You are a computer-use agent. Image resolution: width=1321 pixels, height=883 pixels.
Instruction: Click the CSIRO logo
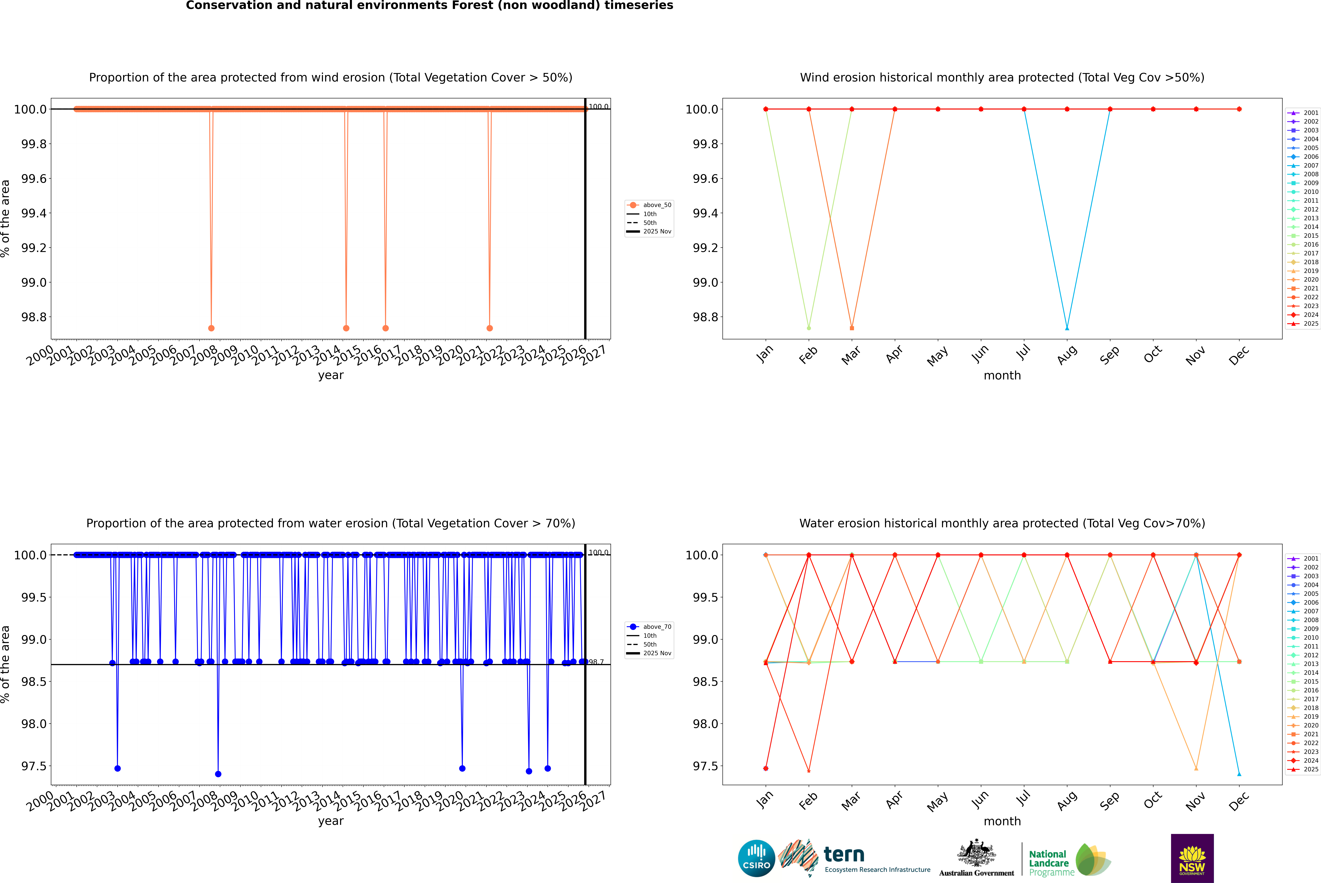(756, 858)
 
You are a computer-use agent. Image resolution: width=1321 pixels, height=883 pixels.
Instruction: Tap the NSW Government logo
(1192, 858)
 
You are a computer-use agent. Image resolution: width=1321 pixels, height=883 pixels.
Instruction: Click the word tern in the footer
(843, 855)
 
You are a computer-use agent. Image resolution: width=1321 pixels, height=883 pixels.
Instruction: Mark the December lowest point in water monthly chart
(1239, 774)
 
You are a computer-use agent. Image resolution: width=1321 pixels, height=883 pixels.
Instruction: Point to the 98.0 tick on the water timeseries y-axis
(34, 724)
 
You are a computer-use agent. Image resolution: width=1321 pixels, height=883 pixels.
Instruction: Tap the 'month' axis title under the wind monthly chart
(1002, 376)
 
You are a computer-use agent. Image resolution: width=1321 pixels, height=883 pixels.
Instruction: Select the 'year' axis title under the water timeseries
(330, 821)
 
